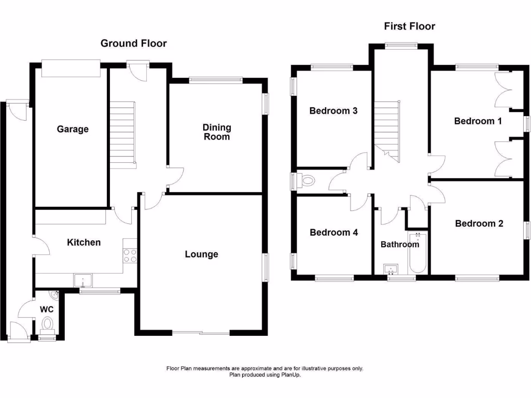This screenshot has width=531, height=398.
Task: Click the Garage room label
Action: (x=73, y=129)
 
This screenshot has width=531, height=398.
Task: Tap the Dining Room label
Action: (x=217, y=132)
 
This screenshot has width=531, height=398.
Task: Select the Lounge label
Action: (x=202, y=254)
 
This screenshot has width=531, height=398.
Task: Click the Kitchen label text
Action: (x=83, y=242)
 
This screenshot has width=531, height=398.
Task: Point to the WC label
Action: (x=47, y=309)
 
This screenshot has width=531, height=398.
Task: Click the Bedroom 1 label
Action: (x=478, y=121)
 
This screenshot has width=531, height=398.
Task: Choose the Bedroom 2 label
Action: (x=479, y=223)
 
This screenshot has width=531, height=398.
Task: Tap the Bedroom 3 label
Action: (x=333, y=110)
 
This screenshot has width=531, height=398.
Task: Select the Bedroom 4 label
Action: (x=333, y=232)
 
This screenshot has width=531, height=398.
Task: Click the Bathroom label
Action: (x=400, y=244)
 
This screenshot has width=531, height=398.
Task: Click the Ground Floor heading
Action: (x=133, y=44)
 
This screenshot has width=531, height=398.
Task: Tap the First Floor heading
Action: (x=409, y=26)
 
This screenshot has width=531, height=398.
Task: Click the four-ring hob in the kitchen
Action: (x=130, y=256)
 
